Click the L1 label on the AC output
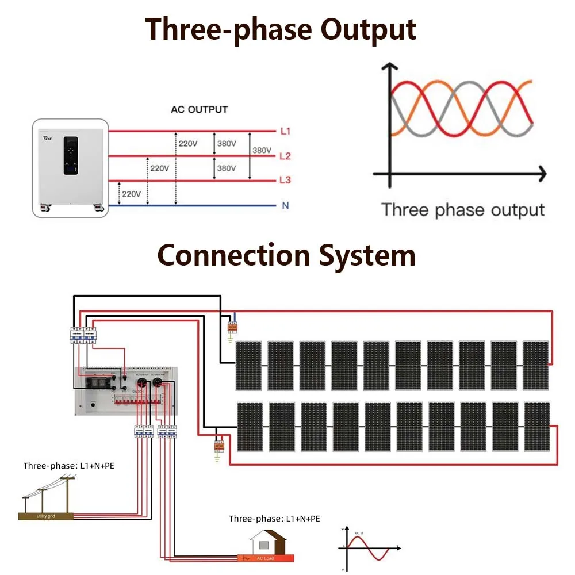(x=285, y=132)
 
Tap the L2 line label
(x=285, y=156)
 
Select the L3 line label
(x=285, y=181)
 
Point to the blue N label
(x=285, y=206)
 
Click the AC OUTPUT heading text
(x=199, y=109)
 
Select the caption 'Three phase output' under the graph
(x=462, y=209)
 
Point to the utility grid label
(x=45, y=516)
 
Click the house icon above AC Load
(x=268, y=542)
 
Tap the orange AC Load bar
(x=266, y=558)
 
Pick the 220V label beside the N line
(x=131, y=194)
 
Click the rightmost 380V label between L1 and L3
(x=262, y=151)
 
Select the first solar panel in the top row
(x=248, y=365)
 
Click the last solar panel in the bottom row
(x=536, y=426)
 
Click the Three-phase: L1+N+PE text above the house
(x=274, y=519)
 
